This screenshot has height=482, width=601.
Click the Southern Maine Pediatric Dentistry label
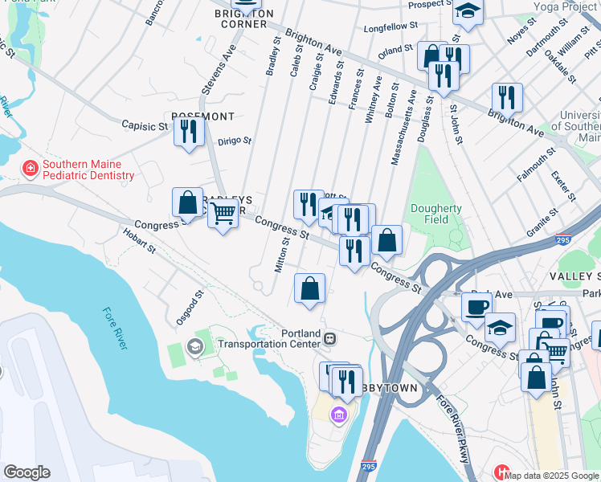(88, 170)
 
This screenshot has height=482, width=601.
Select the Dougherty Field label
(436, 214)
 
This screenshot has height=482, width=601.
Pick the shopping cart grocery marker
(223, 214)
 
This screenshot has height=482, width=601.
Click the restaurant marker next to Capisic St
(189, 131)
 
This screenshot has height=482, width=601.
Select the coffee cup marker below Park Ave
(476, 307)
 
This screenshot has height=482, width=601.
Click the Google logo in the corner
(27, 472)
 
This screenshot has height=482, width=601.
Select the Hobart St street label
(139, 240)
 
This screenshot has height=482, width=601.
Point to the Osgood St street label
(187, 308)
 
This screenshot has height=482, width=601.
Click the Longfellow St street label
(391, 27)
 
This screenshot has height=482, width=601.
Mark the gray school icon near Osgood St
(193, 346)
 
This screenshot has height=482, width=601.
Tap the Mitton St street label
(282, 255)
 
